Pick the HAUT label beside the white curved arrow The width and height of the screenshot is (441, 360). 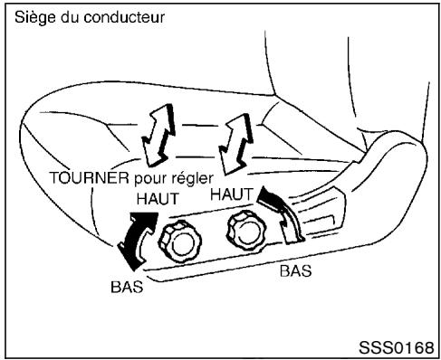(x=232, y=194)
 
